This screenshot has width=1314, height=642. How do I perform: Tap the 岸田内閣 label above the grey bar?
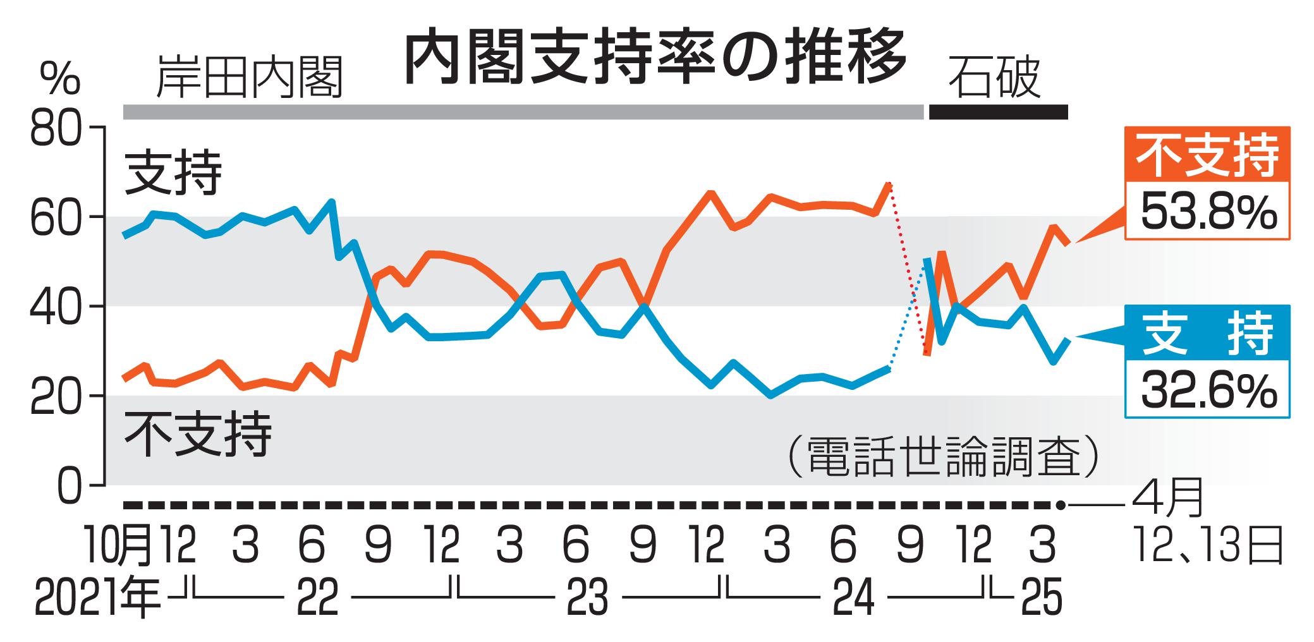[x=249, y=77]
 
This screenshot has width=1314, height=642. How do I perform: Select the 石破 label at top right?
[x=994, y=77]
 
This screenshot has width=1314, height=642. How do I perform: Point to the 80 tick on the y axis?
[x=56, y=129]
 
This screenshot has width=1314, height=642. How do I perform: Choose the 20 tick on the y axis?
[x=56, y=397]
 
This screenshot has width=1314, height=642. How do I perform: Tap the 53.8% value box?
[x=1208, y=212]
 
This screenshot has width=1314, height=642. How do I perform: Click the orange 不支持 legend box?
[x=1207, y=155]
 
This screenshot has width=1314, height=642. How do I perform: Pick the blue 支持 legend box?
[x=1207, y=334]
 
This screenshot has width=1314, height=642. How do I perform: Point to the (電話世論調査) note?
[x=942, y=455]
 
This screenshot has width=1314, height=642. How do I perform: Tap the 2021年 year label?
[x=97, y=598]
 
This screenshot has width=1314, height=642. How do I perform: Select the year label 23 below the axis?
[x=587, y=598]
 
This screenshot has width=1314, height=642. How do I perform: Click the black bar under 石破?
[x=998, y=112]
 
